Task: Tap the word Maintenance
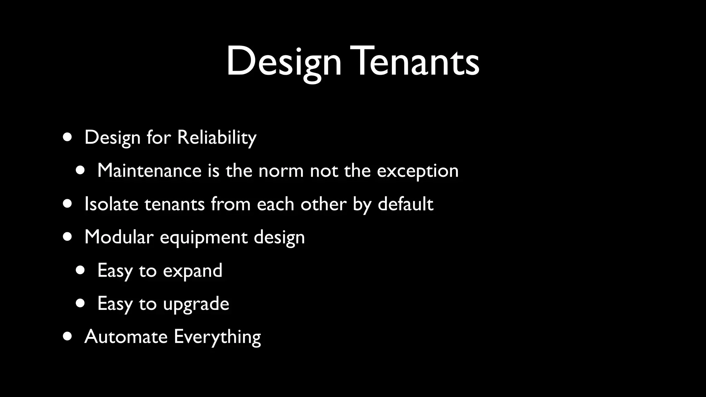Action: (149, 171)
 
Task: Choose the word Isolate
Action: (111, 204)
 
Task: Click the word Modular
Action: (119, 237)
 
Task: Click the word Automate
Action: (126, 337)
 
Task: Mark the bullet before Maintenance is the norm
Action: (80, 171)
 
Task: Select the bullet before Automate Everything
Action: (68, 336)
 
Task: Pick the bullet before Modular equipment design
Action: (68, 237)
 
